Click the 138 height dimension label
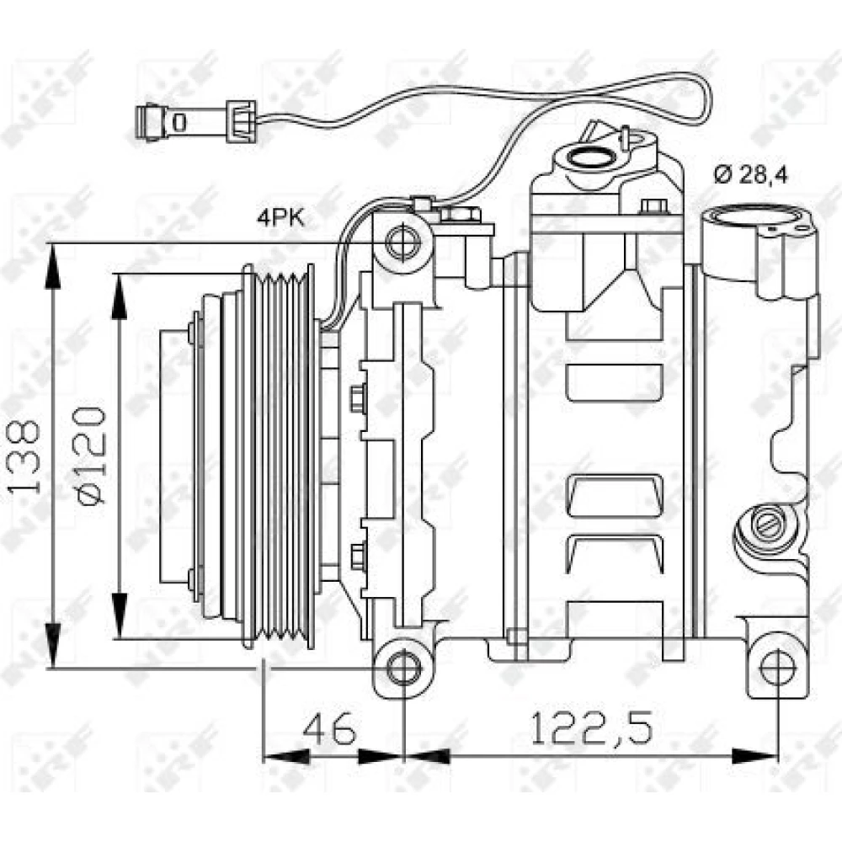coord(25,456)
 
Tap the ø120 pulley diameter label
coord(90,456)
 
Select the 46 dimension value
coord(329,728)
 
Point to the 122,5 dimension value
coord(592,729)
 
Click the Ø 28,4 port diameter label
coord(751,174)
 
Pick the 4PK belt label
coord(281,219)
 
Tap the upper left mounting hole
coord(402,243)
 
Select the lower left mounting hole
coord(402,669)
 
